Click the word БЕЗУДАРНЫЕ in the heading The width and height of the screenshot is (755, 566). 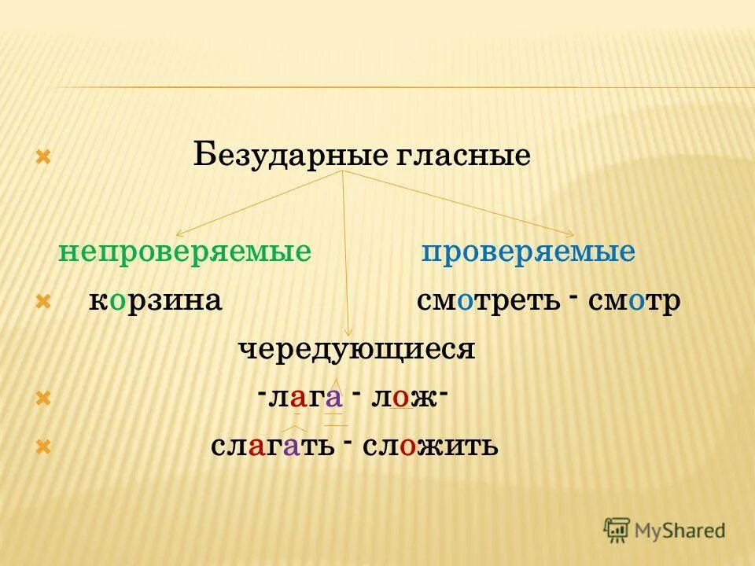point(287,155)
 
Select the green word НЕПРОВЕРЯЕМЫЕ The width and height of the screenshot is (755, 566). point(185,252)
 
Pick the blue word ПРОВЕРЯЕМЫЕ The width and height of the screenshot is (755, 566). point(528,252)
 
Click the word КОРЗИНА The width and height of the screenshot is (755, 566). point(155,301)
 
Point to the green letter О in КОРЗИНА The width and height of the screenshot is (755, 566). point(117,302)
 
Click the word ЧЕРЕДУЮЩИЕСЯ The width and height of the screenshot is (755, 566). point(356,349)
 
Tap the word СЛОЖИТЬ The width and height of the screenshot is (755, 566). point(430,447)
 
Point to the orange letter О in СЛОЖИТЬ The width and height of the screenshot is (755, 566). point(407,447)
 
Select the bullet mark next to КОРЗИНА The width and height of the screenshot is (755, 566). point(44,302)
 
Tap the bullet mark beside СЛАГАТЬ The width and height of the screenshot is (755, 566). point(44,448)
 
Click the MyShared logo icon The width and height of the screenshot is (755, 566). point(617,529)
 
